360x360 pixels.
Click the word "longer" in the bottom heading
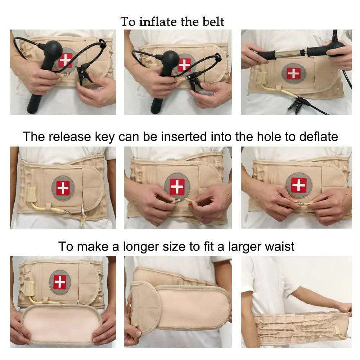point(141,247)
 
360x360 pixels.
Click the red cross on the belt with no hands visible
point(63,188)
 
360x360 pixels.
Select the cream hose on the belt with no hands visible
point(47,208)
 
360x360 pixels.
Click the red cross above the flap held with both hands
point(60,282)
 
